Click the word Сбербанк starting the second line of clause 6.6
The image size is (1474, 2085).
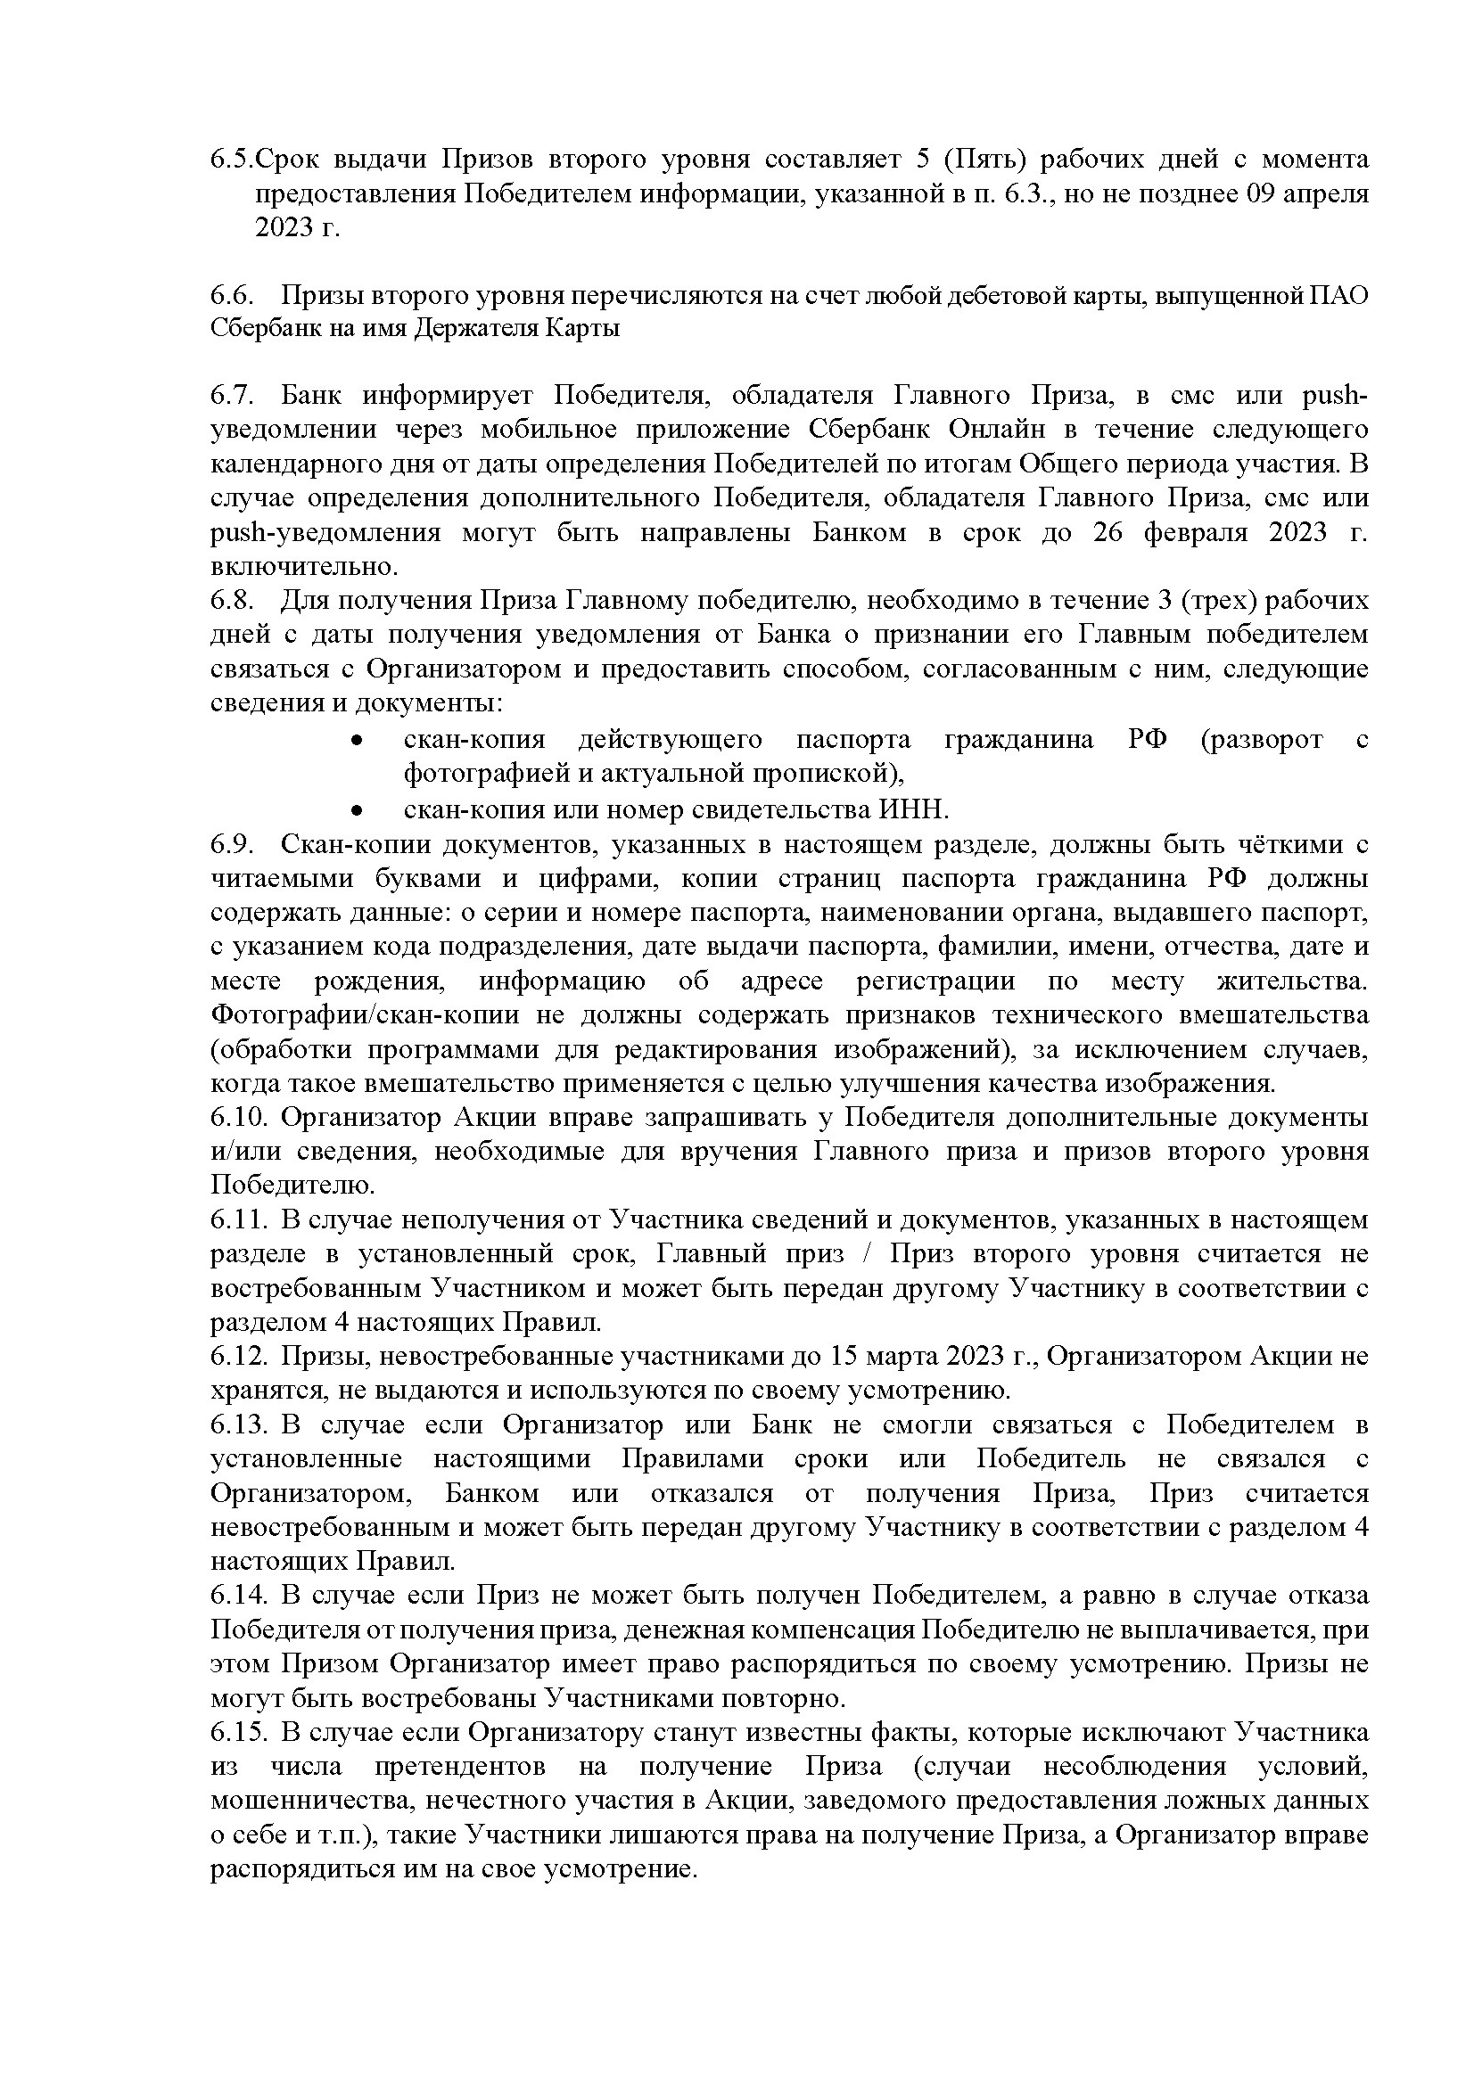(259, 328)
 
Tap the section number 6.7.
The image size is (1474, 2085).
(234, 396)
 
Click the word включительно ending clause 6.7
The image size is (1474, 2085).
(303, 567)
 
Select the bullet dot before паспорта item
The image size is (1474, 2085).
(358, 741)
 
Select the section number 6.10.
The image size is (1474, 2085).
(239, 1117)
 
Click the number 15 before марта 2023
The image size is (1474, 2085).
(844, 1357)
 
